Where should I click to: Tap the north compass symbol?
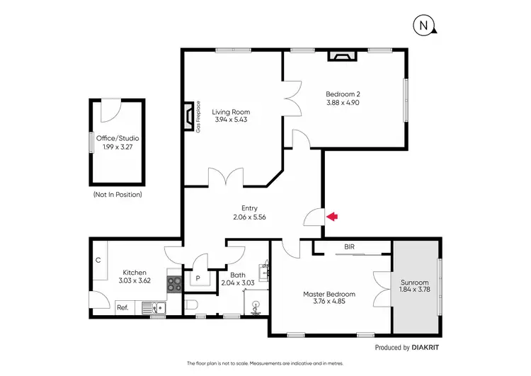point(423,26)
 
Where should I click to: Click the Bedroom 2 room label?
point(343,94)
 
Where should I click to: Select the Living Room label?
point(232,112)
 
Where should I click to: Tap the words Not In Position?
point(118,194)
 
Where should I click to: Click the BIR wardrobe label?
point(349,247)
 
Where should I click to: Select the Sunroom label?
point(415,282)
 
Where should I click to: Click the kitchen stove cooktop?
point(175,283)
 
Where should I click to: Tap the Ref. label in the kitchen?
point(122,307)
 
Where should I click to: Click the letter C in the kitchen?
point(98,260)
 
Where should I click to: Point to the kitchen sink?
point(152,307)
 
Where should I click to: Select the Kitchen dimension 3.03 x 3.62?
point(135,280)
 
